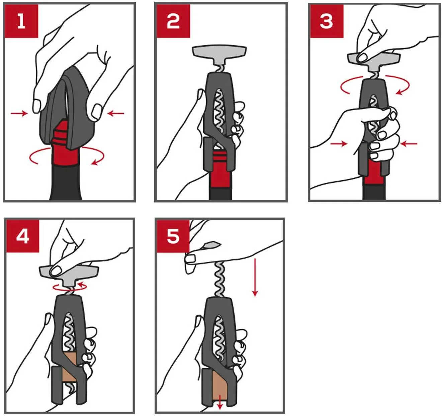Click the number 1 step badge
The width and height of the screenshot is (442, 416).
click(x=21, y=21)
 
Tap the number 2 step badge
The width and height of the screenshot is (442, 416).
click(x=173, y=21)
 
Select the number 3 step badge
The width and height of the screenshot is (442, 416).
click(x=327, y=21)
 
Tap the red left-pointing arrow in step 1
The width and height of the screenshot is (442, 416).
click(x=115, y=114)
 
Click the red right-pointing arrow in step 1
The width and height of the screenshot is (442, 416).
click(x=19, y=114)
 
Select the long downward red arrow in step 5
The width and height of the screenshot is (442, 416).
click(x=255, y=277)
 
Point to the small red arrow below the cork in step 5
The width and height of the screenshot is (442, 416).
click(x=220, y=402)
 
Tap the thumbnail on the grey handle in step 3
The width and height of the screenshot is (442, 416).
click(x=363, y=58)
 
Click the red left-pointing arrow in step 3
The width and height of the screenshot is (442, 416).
click(x=409, y=144)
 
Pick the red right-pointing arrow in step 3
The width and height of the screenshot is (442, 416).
click(x=339, y=144)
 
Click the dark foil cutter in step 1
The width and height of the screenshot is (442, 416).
click(x=67, y=109)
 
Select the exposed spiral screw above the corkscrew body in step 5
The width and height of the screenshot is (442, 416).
click(x=220, y=279)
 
